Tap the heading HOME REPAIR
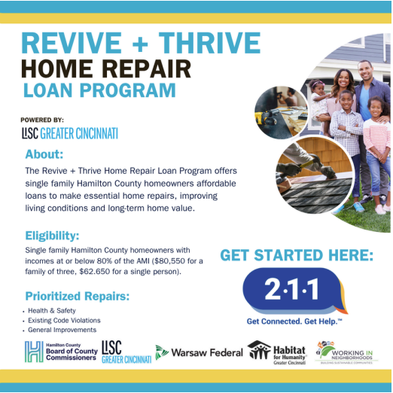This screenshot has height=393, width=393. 106,69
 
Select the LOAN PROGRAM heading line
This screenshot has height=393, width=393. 99,91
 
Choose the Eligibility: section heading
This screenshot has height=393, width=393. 53,235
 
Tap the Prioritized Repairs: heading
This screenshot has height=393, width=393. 77,295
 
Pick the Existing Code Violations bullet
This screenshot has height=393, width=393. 64,321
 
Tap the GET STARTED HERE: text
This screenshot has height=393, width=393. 296,256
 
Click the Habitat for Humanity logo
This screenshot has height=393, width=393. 277,352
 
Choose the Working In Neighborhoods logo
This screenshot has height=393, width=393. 347,352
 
